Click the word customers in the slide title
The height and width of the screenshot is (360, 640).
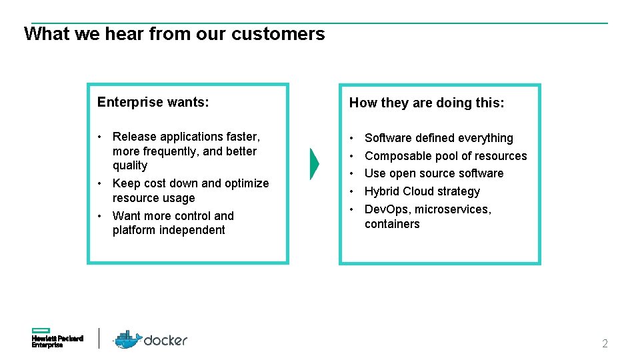coord(278,34)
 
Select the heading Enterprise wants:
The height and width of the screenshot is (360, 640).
coord(153,102)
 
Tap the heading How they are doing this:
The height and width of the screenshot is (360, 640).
coord(427,103)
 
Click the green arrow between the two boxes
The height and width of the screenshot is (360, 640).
coord(315,163)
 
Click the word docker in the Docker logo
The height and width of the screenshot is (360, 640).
coord(166,340)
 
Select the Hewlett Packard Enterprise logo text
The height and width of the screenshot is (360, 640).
coord(57,342)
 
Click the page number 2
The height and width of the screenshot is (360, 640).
coord(605,344)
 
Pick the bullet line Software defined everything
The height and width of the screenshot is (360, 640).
coord(439,138)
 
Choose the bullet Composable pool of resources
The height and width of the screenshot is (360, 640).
coord(445,156)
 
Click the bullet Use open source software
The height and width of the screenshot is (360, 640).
coord(434,173)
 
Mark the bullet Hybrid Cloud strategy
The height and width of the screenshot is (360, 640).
coord(422,191)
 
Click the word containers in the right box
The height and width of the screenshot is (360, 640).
coord(392,224)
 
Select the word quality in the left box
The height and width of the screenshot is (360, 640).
coord(130,165)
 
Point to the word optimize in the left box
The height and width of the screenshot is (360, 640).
coord(247,183)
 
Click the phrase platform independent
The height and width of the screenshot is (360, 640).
coord(169,230)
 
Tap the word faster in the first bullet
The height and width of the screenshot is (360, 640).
coord(243,137)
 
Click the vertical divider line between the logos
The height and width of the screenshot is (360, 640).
coord(99,338)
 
